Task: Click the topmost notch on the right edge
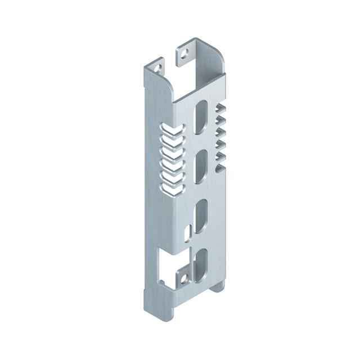click(221, 108)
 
